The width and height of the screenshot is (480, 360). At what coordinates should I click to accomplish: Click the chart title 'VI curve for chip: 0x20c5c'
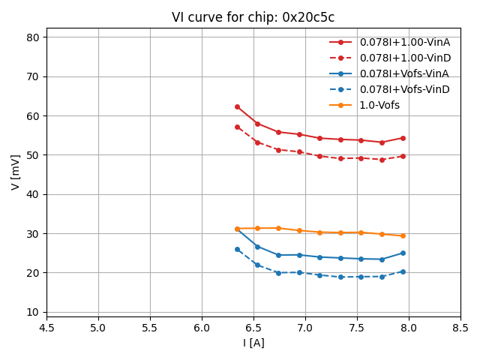253,17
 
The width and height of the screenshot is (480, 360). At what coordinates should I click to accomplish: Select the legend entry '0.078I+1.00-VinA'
404,42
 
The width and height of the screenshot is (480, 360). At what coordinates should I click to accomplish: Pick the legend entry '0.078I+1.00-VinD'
404,58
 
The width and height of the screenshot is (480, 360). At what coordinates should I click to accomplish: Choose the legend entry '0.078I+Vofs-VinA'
404,73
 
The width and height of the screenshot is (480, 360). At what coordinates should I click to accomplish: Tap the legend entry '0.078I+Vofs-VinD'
404,89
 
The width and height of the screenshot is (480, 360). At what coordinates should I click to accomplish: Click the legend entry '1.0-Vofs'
379,105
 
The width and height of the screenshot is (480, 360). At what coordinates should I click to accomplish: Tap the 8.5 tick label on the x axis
460,328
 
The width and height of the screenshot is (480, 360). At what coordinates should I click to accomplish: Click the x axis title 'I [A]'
253,343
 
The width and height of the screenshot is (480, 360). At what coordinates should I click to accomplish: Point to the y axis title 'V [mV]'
16,172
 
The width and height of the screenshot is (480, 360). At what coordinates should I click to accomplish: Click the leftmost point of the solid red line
237,106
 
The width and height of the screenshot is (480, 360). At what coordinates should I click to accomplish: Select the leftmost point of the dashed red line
237,127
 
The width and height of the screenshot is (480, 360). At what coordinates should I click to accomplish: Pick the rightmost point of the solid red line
403,138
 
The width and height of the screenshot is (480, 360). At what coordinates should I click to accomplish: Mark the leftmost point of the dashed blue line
237,249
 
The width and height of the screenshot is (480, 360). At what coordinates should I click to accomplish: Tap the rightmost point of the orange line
403,235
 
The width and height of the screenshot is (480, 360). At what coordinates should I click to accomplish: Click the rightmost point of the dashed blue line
403,271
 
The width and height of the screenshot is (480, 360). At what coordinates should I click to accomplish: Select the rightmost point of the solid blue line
403,253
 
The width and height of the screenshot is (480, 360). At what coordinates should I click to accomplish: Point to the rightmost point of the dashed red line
403,156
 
